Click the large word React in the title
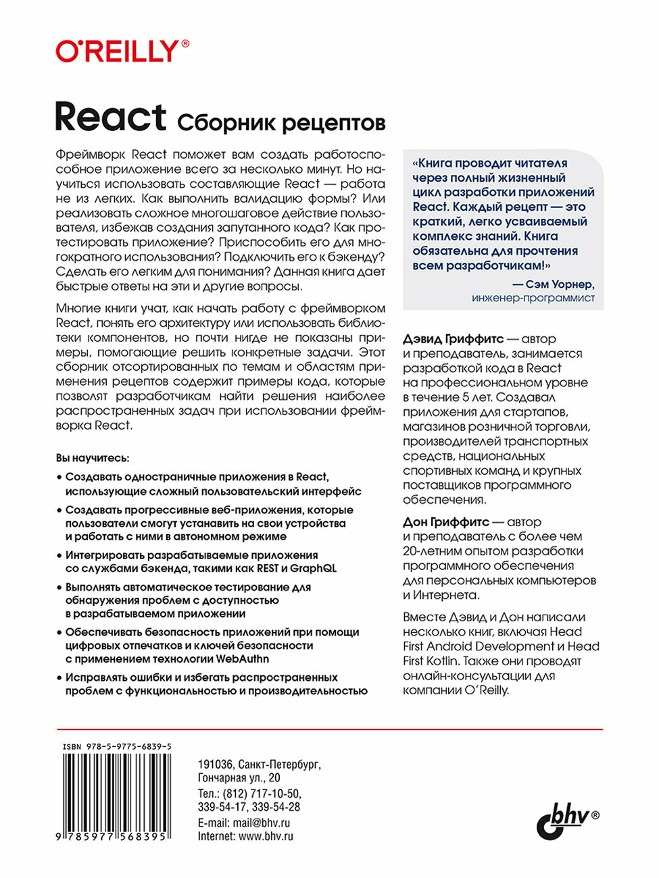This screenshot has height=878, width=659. click(110, 118)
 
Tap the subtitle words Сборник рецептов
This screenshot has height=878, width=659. click(280, 123)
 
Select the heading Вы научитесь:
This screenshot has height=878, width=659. click(93, 458)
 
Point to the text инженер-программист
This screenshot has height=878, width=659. click(533, 298)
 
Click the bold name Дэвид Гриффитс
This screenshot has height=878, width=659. click(453, 339)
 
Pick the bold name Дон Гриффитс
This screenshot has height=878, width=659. click(445, 522)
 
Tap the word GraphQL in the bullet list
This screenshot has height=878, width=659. click(313, 568)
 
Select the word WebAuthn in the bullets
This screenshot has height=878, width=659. click(243, 658)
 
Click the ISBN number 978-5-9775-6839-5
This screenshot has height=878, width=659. click(116, 746)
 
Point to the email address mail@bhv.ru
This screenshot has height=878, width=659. click(262, 823)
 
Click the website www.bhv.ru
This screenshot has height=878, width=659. click(266, 836)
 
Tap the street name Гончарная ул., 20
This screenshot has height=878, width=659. click(239, 778)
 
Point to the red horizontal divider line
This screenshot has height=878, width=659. click(329, 729)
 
